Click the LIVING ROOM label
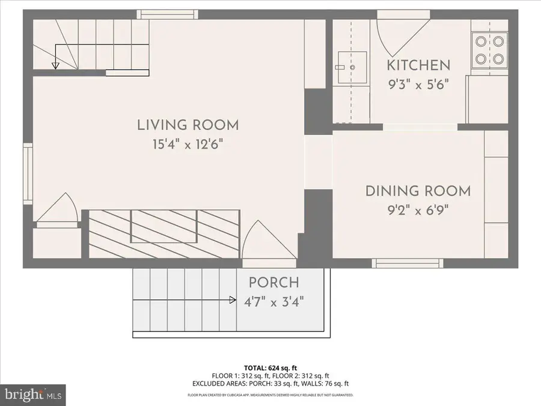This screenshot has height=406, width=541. click(188, 125)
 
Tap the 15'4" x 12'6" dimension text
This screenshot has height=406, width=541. click(188, 144)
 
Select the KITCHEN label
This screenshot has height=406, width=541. click(418, 65)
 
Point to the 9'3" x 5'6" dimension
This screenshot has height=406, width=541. click(418, 84)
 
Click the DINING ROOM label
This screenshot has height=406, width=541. click(418, 191)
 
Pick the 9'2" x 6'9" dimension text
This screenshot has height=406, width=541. click(418, 211)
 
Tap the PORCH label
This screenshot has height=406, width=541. click(274, 282)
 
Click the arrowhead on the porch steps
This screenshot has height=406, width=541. click(232, 300)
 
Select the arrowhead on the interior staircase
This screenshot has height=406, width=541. click(55, 65)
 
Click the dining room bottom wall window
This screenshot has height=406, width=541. click(408, 263)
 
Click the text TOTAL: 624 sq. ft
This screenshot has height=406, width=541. click(270, 368)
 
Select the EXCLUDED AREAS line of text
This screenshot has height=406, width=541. click(270, 383)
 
